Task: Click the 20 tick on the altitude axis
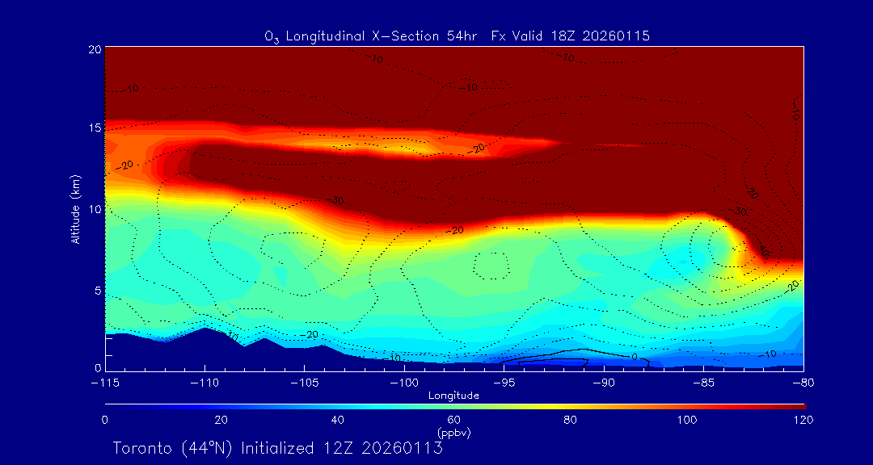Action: [x=94, y=49]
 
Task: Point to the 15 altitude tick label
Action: [x=94, y=129]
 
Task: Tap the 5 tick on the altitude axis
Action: [x=96, y=290]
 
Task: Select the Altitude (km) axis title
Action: [x=75, y=209]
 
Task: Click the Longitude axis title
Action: [x=453, y=396]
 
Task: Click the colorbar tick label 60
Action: [x=453, y=420]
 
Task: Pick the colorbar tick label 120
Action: [x=803, y=420]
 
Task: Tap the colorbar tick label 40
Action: [x=337, y=420]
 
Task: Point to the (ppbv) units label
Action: [x=453, y=433]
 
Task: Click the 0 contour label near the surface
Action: [x=635, y=356]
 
